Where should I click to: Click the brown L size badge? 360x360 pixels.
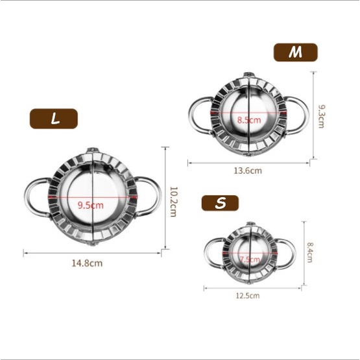54,119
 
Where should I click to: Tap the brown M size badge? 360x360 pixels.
296,53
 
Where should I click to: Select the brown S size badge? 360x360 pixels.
220,203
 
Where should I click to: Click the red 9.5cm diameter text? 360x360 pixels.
90,205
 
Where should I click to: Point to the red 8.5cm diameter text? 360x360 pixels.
249,120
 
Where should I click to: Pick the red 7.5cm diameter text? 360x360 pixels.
250,259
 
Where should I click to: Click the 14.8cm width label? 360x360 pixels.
88,263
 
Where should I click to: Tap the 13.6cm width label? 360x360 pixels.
248,171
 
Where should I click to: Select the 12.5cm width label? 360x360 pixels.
248,295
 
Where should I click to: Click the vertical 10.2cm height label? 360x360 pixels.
173,202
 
